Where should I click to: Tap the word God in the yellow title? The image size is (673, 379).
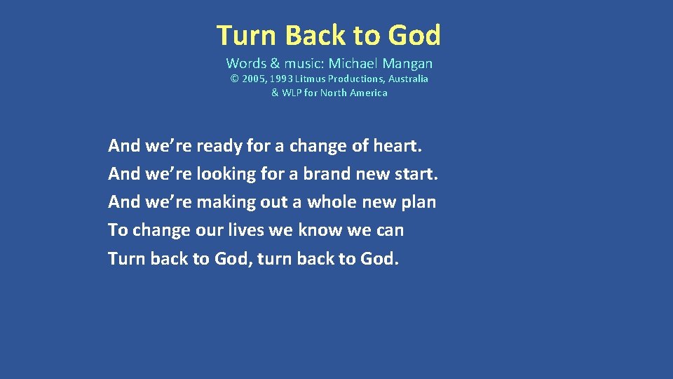(x=414, y=35)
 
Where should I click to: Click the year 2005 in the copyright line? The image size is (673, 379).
(x=253, y=79)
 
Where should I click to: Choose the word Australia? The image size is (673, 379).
(x=406, y=79)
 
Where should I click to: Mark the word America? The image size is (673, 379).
(x=367, y=93)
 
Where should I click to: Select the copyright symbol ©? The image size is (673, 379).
(x=235, y=79)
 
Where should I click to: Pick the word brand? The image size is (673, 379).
(x=327, y=174)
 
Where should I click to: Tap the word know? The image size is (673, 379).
(x=320, y=230)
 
